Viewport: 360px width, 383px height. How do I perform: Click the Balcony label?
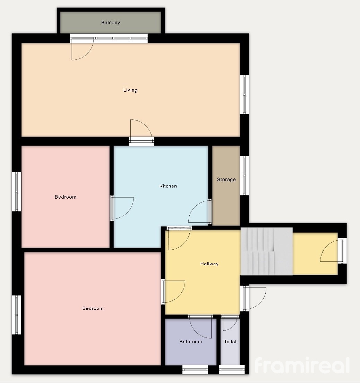click(111, 23)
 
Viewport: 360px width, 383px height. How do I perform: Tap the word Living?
click(130, 90)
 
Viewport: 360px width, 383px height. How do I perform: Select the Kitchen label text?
click(168, 186)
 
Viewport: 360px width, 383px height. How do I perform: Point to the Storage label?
click(226, 180)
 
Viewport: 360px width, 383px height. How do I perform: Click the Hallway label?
click(209, 264)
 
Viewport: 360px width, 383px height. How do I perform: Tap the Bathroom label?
click(191, 341)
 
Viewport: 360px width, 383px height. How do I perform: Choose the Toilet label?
click(230, 341)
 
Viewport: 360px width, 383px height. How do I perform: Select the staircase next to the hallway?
click(267, 251)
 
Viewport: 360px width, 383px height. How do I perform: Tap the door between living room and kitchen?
click(142, 132)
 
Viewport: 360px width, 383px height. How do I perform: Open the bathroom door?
click(200, 327)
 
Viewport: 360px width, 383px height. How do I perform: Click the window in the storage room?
click(245, 176)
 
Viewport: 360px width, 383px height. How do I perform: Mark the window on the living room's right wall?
click(245, 94)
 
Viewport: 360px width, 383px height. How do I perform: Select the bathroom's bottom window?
click(195, 369)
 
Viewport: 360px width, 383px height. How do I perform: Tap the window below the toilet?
click(232, 369)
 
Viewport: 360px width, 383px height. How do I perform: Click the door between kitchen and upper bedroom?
click(122, 208)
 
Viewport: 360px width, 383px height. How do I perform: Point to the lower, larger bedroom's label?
click(93, 308)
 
